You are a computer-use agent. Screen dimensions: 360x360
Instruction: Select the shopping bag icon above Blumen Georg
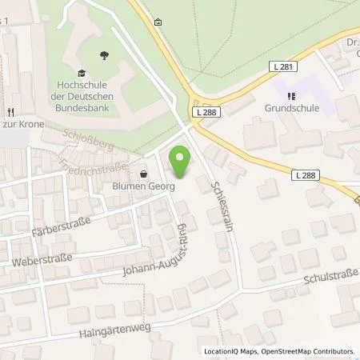[x=144, y=174]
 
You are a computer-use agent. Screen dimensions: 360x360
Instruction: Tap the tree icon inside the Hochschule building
[x=104, y=55]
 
